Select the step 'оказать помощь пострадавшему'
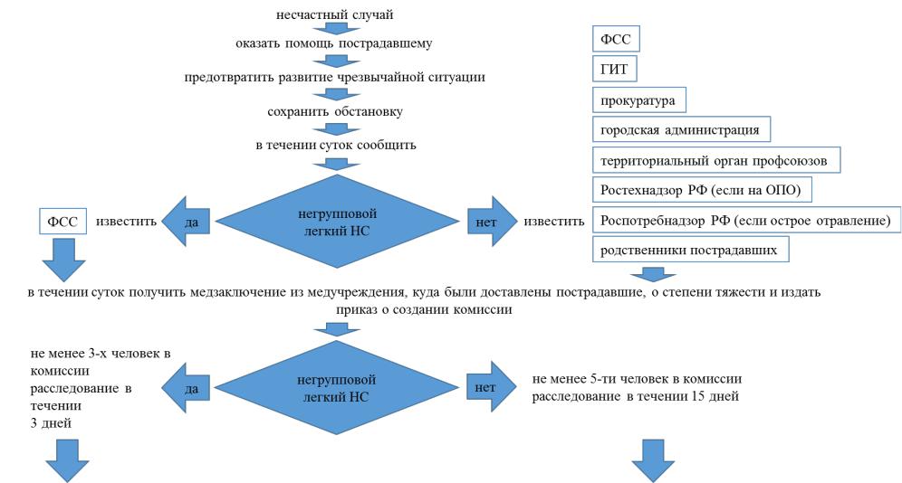click(336, 43)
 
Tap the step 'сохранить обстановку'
click(335, 111)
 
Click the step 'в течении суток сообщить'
click(335, 145)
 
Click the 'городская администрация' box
click(681, 128)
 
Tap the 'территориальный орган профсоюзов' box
click(715, 159)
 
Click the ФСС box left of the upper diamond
click(62, 221)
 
